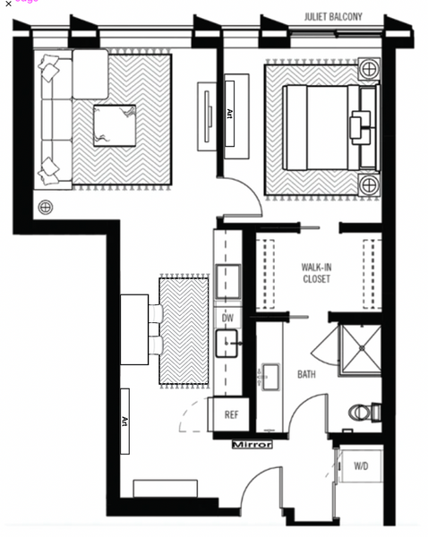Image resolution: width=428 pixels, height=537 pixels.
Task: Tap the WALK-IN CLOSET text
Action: coord(315,272)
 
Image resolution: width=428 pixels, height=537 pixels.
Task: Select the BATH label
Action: coord(307,375)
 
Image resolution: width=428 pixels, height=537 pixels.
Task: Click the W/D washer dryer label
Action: coord(361,466)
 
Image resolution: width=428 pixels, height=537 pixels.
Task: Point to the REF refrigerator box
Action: coord(231,414)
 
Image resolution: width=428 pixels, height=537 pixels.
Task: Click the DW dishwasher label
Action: coord(227,318)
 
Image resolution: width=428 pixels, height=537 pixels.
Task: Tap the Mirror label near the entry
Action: coord(251,444)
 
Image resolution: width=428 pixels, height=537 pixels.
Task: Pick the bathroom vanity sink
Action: coord(268,378)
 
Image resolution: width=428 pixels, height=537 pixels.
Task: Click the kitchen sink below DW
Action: coord(227,341)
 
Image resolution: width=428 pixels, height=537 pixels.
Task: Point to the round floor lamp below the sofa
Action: coord(45,208)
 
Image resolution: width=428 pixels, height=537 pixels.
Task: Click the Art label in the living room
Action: coord(229,114)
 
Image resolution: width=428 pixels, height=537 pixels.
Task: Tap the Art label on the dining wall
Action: coord(125,421)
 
